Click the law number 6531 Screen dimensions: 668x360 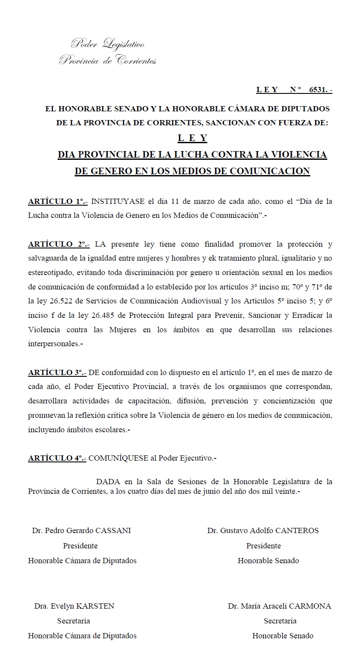318,90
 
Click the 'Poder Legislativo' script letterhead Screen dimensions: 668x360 108,44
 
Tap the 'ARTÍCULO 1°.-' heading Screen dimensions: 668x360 58,202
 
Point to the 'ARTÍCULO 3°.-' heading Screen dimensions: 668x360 57,372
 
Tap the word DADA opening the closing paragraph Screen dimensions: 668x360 108,482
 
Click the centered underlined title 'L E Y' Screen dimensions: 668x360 192,138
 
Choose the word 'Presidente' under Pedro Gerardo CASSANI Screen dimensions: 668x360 80,546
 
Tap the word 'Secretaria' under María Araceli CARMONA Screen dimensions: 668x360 280,621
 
